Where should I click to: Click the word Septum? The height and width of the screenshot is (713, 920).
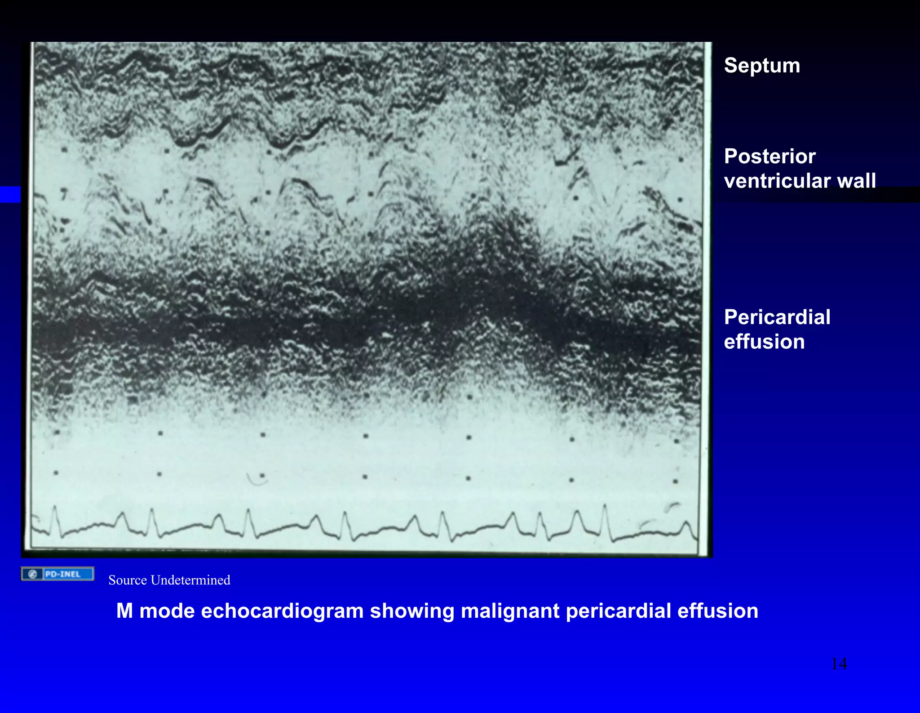pyautogui.click(x=762, y=66)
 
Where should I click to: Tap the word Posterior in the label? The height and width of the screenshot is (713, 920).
pyautogui.click(x=770, y=156)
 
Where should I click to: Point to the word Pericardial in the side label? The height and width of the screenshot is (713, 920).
pyautogui.click(x=777, y=317)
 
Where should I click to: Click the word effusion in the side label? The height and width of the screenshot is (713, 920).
pyautogui.click(x=764, y=342)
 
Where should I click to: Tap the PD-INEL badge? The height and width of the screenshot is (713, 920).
pyautogui.click(x=57, y=574)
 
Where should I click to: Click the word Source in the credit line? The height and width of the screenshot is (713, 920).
pyautogui.click(x=128, y=580)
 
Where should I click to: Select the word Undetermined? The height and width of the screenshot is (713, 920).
pyautogui.click(x=190, y=580)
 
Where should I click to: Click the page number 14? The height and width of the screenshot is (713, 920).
pyautogui.click(x=839, y=664)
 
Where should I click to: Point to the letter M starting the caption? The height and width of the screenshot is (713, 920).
pyautogui.click(x=125, y=611)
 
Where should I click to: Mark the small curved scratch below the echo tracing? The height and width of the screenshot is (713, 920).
pyautogui.click(x=257, y=480)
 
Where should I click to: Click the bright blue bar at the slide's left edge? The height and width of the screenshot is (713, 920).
pyautogui.click(x=10, y=194)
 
